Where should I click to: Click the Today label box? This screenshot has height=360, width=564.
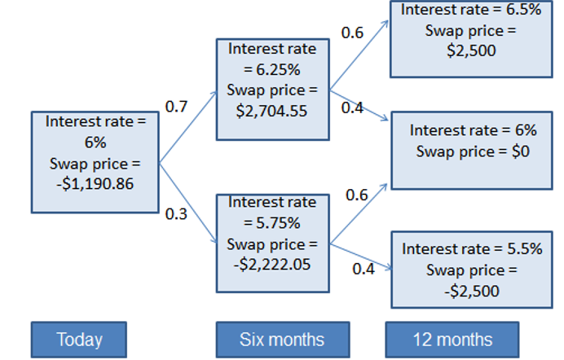pyautogui.click(x=78, y=340)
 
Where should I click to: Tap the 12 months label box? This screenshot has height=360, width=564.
pyautogui.click(x=452, y=340)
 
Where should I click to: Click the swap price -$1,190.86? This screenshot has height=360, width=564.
pyautogui.click(x=94, y=183)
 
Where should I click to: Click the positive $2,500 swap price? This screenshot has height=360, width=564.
pyautogui.click(x=471, y=49)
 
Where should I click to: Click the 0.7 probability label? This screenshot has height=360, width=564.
pyautogui.click(x=177, y=107)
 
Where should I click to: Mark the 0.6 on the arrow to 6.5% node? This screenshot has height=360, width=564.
pyautogui.click(x=352, y=33)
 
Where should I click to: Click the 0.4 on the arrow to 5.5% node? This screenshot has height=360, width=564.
pyautogui.click(x=364, y=268)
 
